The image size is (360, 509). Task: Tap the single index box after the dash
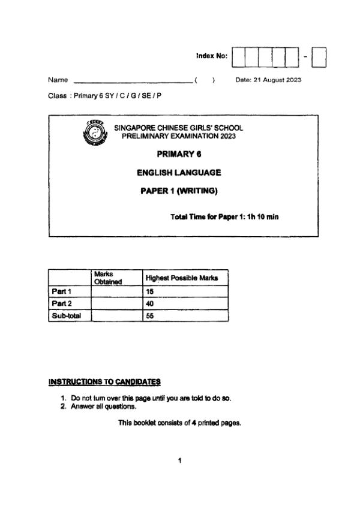pos(319,57)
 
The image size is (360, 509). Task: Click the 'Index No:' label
pos(212,56)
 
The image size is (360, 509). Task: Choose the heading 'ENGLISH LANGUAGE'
pos(179,173)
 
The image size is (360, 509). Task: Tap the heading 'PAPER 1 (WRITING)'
pos(179,192)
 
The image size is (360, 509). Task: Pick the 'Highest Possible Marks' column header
pos(182,278)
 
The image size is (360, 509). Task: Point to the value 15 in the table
pos(150,291)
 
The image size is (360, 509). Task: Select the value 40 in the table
pos(150,303)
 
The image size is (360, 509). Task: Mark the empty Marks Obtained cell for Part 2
pos(116,303)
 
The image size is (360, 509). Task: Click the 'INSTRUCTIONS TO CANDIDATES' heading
pos(104,381)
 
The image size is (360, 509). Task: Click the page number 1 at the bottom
pos(179,460)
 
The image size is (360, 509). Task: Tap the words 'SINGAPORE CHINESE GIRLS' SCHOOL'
pos(179,128)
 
